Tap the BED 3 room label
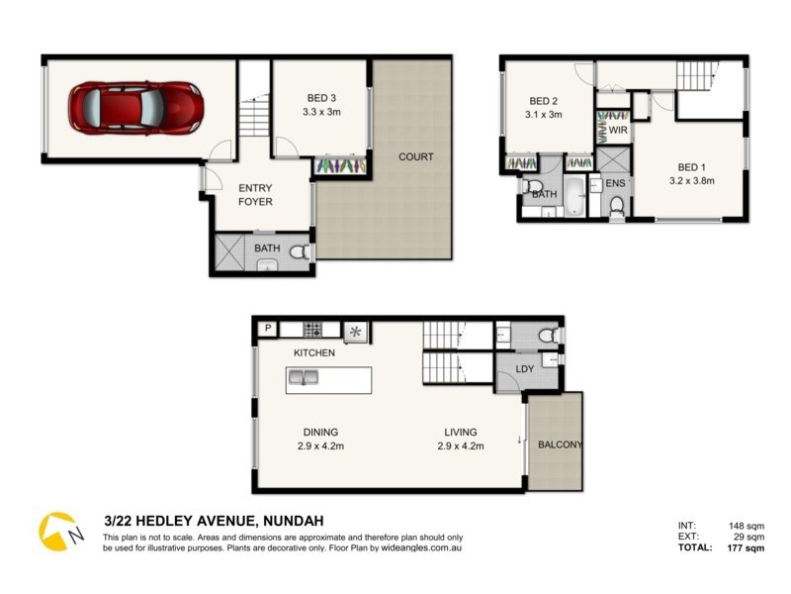(x=321, y=98)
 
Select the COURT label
(x=415, y=157)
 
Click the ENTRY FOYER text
(x=255, y=194)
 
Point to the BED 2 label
(x=544, y=101)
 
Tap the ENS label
(x=615, y=183)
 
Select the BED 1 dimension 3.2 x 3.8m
(x=692, y=180)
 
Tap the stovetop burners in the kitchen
(x=314, y=330)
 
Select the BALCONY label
(x=560, y=445)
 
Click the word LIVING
(x=461, y=432)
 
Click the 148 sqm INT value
(x=748, y=526)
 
